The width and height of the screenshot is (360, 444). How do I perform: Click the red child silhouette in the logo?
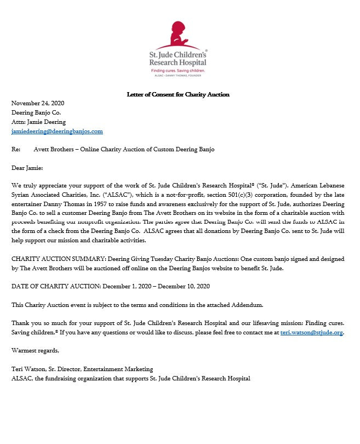pyautogui.click(x=179, y=34)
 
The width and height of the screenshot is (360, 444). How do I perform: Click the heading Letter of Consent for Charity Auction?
pyautogui.click(x=178, y=94)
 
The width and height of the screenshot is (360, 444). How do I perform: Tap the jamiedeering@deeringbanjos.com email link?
pyautogui.click(x=57, y=132)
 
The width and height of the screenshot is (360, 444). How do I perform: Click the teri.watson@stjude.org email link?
pyautogui.click(x=311, y=332)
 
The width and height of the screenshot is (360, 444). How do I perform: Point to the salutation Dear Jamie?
pyautogui.click(x=27, y=168)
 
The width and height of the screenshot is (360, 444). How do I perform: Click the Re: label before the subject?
pyautogui.click(x=16, y=149)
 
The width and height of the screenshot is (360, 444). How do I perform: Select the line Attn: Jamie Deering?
pyautogui.click(x=38, y=122)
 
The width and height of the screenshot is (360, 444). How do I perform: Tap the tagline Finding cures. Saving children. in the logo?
pyautogui.click(x=178, y=71)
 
